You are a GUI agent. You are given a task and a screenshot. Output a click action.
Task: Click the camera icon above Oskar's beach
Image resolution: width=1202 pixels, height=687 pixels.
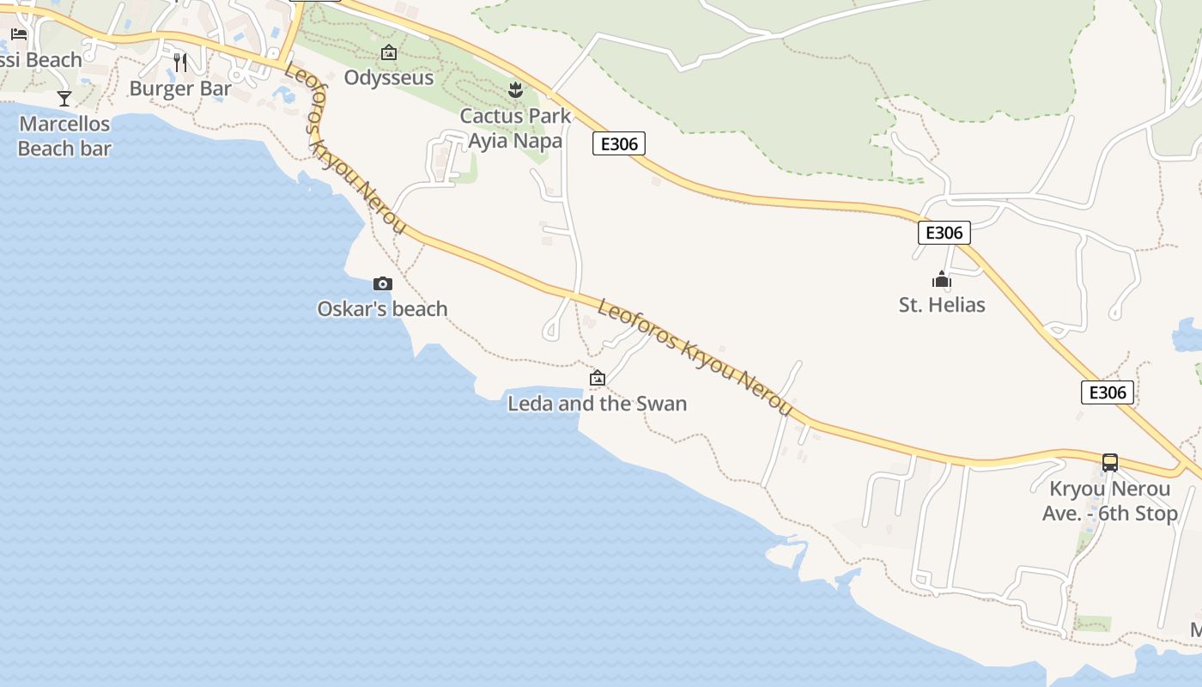click(x=383, y=283)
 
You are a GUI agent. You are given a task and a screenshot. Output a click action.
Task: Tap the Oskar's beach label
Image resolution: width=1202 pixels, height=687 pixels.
click(x=383, y=309)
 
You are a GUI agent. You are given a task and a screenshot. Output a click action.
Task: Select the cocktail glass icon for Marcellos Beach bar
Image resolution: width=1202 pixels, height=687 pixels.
click(x=64, y=98)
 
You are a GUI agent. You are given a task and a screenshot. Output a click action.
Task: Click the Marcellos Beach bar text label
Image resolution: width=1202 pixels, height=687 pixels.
click(x=65, y=137)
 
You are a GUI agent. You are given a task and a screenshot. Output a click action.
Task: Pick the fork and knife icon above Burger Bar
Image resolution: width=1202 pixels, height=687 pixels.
click(x=180, y=63)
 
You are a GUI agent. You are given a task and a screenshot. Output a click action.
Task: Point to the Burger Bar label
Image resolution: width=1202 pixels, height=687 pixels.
click(x=180, y=88)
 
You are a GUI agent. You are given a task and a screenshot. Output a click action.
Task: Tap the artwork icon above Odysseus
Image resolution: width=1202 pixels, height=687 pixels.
click(x=389, y=52)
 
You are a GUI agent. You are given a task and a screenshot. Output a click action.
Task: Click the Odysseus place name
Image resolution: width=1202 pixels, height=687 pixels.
click(x=389, y=77)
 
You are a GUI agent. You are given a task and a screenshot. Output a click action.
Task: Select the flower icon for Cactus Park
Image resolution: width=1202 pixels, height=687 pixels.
click(x=515, y=89)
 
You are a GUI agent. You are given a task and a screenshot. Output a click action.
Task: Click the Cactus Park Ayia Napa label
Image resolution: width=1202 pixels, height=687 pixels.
click(x=515, y=128)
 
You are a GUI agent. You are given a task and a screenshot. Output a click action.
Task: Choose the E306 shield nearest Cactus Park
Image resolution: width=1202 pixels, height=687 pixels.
click(x=619, y=143)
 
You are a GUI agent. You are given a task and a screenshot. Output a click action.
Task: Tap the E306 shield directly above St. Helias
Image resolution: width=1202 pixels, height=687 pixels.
click(x=944, y=232)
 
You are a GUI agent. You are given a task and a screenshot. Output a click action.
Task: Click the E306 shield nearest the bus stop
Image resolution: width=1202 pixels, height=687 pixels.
click(x=1107, y=392)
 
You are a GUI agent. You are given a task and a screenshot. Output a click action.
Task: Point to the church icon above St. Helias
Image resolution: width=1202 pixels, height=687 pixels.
click(x=942, y=279)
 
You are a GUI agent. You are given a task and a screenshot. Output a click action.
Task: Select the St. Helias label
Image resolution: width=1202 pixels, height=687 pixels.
click(x=942, y=305)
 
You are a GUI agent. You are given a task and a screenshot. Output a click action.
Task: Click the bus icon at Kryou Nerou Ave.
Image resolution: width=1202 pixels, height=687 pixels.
click(x=1110, y=463)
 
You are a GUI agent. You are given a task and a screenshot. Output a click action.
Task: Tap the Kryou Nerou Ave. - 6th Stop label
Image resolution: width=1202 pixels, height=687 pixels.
click(x=1110, y=502)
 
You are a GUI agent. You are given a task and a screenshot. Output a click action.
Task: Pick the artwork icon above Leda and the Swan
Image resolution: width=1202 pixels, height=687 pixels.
click(x=598, y=378)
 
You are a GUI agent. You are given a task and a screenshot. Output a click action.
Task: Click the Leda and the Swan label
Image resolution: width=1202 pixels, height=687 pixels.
click(x=598, y=404)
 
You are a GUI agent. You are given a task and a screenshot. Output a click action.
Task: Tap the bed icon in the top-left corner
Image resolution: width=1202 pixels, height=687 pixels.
click(x=19, y=34)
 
